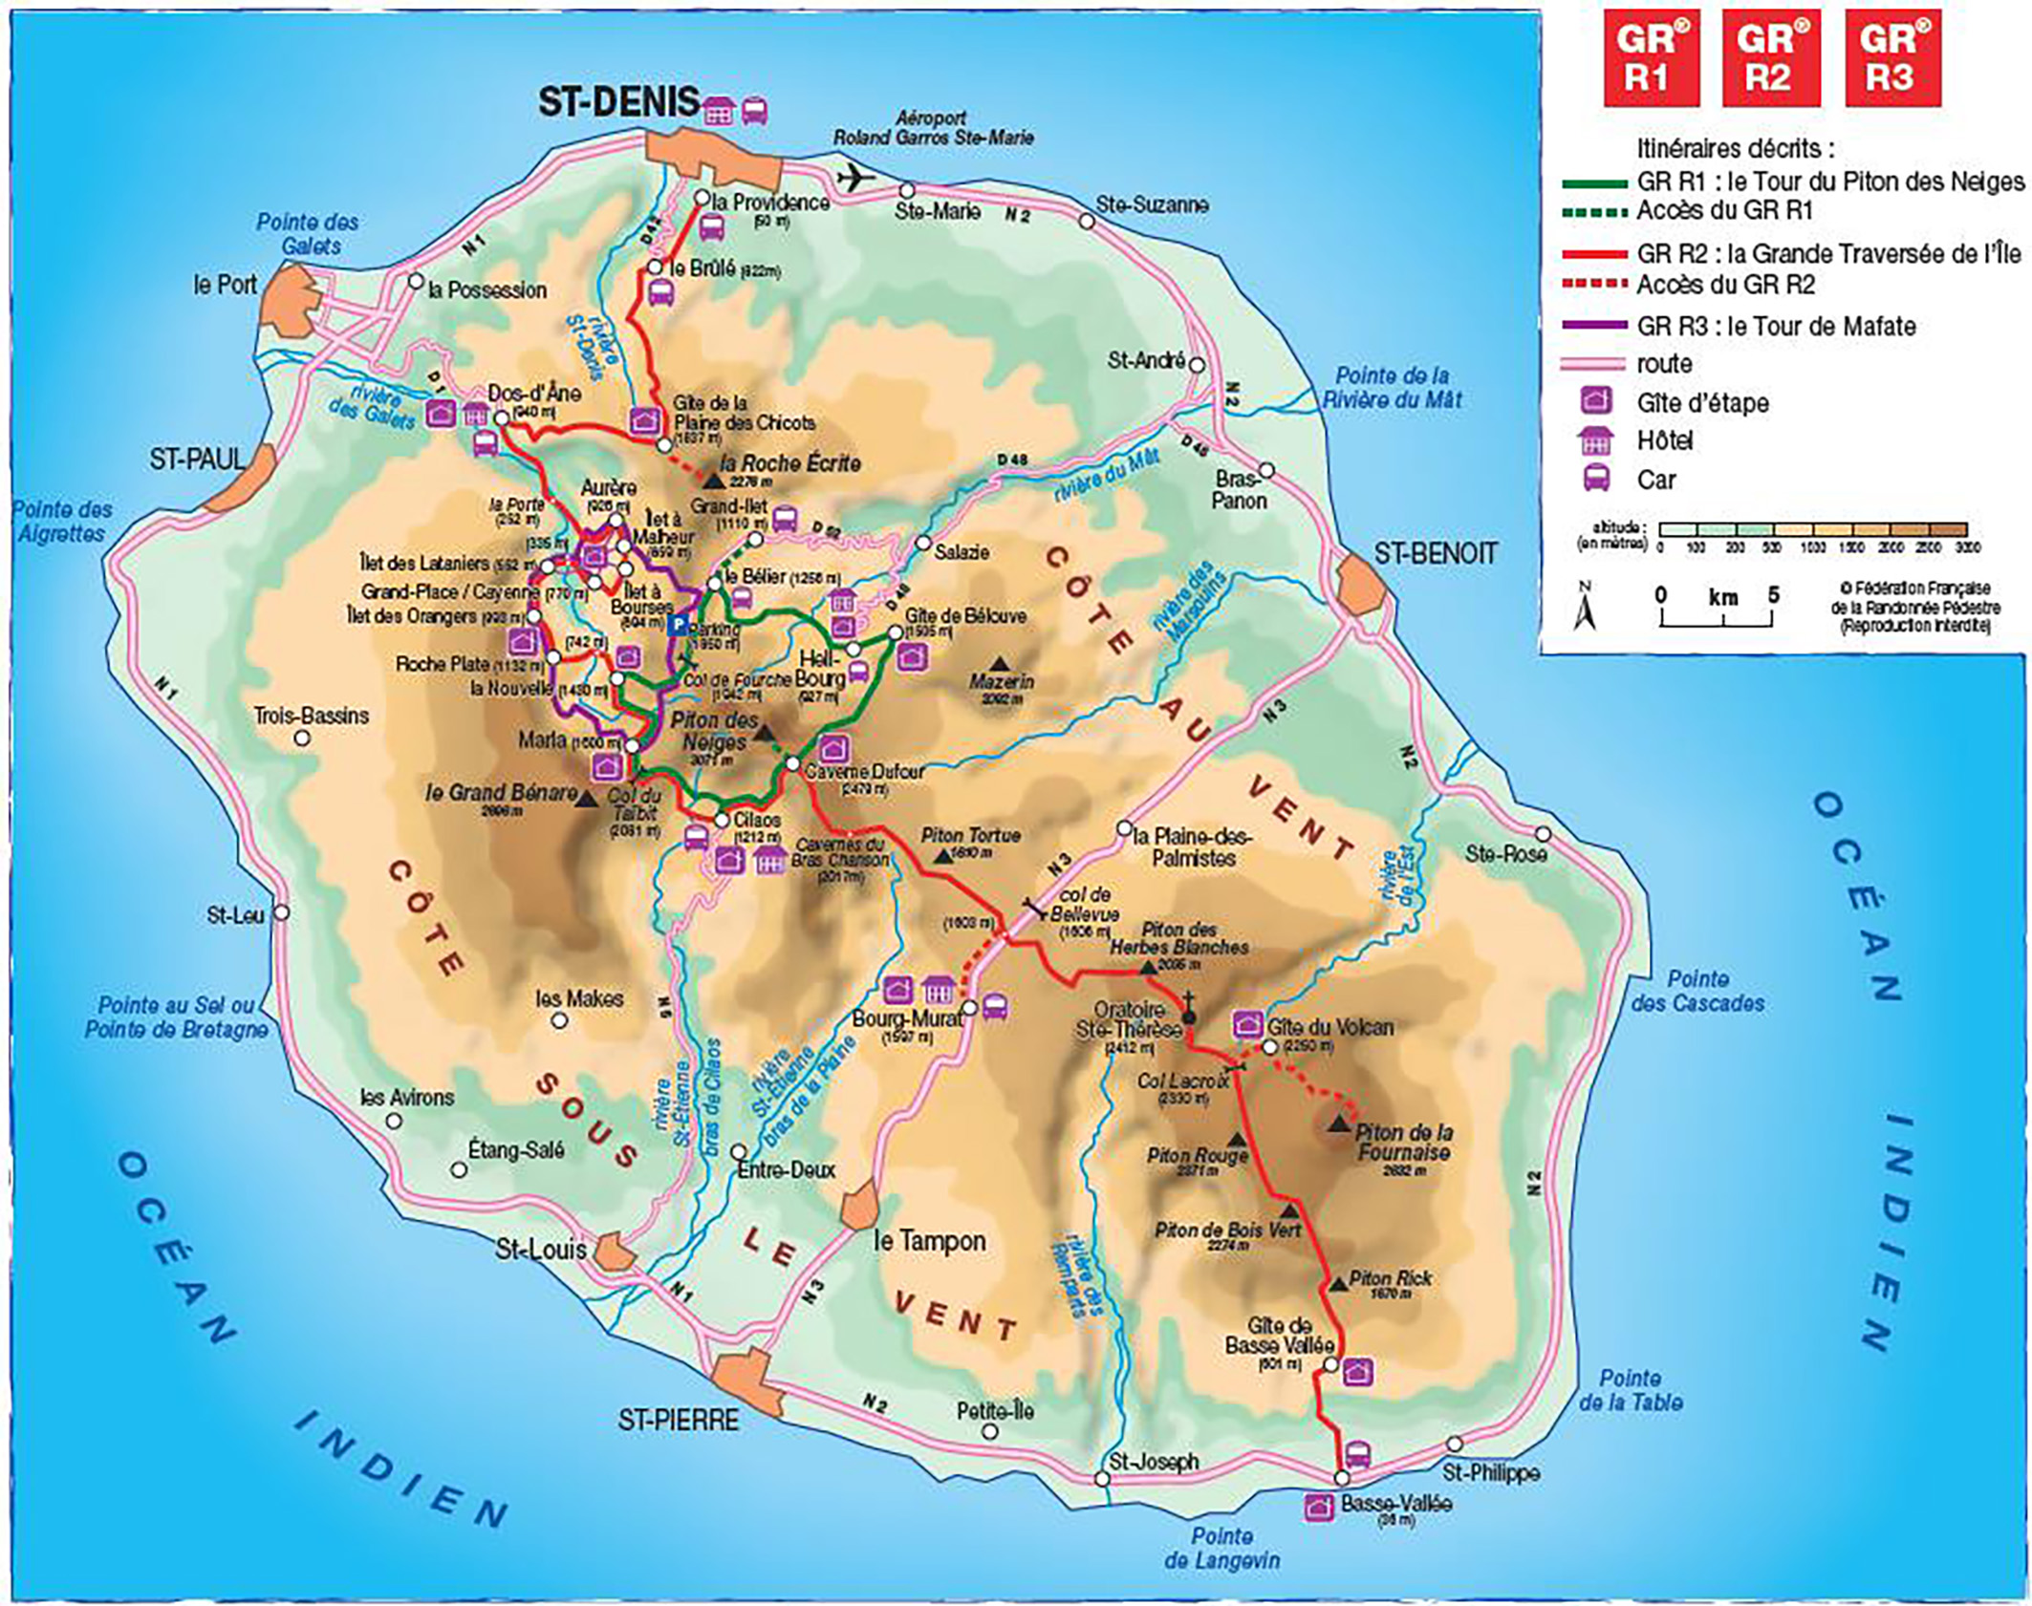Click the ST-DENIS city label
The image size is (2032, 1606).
pyautogui.click(x=617, y=103)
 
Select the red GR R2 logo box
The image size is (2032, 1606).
pyautogui.click(x=1770, y=57)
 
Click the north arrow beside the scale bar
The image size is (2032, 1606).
pyautogui.click(x=1585, y=608)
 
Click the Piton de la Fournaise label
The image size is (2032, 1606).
pyautogui.click(x=1403, y=1143)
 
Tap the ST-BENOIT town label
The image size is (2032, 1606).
pyautogui.click(x=1435, y=553)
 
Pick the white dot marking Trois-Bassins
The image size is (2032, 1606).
pyautogui.click(x=302, y=739)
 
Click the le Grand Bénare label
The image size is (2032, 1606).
pyautogui.click(x=501, y=793)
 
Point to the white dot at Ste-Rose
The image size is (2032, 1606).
pyautogui.click(x=1543, y=835)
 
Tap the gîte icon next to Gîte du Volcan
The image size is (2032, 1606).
pyautogui.click(x=1245, y=1024)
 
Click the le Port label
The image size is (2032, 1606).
pyautogui.click(x=225, y=285)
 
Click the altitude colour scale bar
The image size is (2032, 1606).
pyautogui.click(x=1811, y=529)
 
